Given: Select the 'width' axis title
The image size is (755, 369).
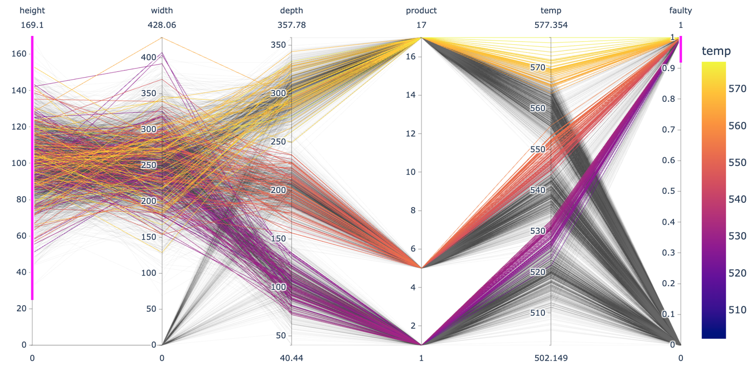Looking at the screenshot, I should click(x=162, y=10).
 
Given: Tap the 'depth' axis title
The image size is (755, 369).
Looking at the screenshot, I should click(x=291, y=10).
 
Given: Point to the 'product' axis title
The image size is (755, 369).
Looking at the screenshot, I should click(x=421, y=10).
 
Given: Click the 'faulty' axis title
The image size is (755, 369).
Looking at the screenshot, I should click(x=681, y=10).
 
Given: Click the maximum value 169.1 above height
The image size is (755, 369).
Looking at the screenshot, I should click(x=32, y=25).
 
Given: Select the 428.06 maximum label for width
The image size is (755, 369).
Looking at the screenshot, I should click(x=162, y=25).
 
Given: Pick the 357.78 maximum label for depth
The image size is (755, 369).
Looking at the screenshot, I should click(x=291, y=25).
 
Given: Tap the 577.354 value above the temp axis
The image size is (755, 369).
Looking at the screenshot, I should click(x=551, y=25).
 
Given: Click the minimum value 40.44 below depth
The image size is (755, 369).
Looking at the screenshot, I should click(x=291, y=358).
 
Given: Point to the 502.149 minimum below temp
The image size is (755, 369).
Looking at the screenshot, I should click(x=551, y=358).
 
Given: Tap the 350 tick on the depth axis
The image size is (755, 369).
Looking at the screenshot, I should click(x=280, y=45).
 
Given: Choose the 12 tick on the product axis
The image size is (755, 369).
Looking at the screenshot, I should click(x=411, y=134).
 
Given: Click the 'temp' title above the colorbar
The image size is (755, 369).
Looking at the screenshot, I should click(x=716, y=51).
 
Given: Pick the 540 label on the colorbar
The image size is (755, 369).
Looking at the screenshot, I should click(x=737, y=199).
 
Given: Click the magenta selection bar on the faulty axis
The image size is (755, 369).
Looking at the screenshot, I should click(x=681, y=49).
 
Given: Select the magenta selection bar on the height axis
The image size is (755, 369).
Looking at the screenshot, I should click(x=32, y=168).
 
